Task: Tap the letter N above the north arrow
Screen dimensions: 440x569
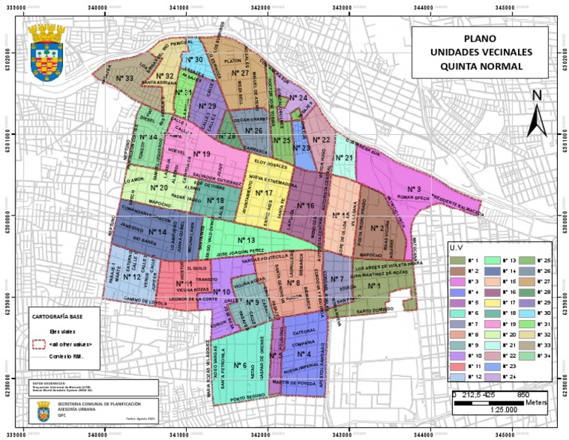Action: (x=537, y=95)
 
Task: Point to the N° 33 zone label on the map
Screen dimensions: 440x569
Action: (x=124, y=78)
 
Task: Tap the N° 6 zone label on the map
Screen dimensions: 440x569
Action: (x=239, y=365)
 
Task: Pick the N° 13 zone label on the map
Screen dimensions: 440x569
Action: (x=246, y=241)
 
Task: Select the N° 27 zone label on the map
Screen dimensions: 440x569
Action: (x=239, y=73)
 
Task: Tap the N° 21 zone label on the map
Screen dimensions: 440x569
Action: (x=345, y=158)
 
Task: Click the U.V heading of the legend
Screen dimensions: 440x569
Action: (x=460, y=249)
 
